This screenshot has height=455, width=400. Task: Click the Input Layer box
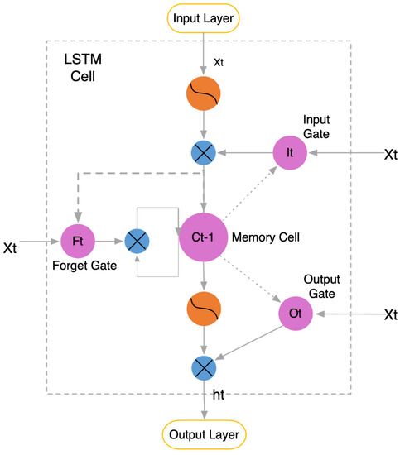tap(204, 16)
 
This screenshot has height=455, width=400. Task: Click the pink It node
tap(290, 153)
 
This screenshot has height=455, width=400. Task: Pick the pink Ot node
tap(295, 314)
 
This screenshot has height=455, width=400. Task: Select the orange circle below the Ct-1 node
tap(204, 312)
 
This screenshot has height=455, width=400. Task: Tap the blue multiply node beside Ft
tap(137, 242)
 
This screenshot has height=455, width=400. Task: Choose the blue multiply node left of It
tap(204, 153)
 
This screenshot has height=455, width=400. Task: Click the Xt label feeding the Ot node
tap(391, 314)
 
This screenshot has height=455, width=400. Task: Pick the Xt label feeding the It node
tap(391, 155)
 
